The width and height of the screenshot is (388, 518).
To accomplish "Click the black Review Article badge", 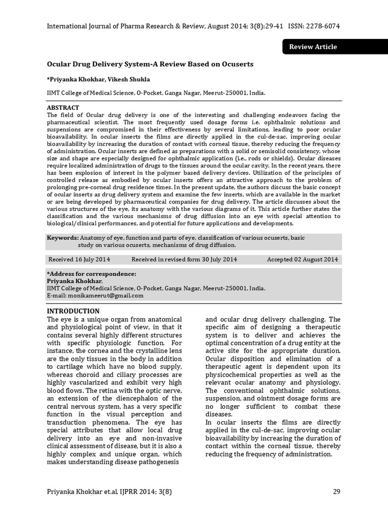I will click(312, 47).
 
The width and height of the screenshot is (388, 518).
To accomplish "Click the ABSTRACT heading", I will click(63, 108).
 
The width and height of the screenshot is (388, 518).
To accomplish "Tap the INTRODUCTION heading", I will click(73, 311).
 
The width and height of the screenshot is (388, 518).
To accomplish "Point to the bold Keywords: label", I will click(63, 237).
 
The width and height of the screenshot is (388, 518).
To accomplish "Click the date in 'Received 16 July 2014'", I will click(93, 260).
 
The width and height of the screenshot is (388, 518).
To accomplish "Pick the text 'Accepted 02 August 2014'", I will click(302, 260).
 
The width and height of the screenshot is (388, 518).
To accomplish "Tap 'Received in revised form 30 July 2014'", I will click(184, 260).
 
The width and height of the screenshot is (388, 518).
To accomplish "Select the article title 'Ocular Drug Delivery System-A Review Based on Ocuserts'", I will click(150, 65).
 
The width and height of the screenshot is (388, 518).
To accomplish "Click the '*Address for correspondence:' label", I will click(91, 274).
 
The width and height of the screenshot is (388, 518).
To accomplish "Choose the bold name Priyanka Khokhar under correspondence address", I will click(74, 281).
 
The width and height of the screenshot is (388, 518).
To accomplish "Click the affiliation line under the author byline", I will click(156, 93).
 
